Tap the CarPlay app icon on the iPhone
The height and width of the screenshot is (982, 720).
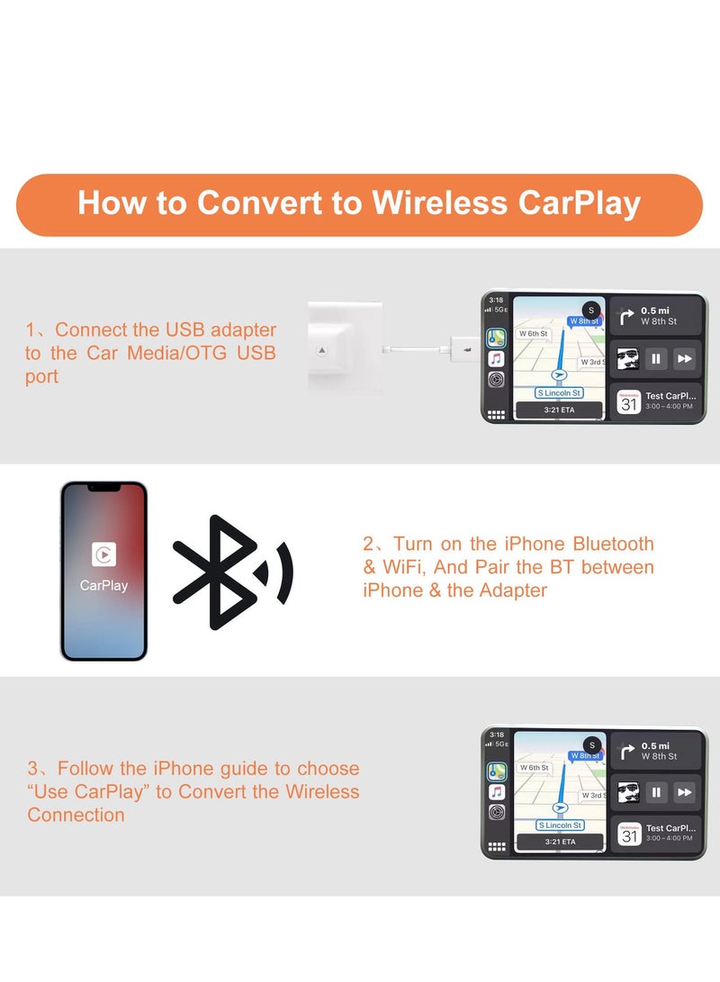103,554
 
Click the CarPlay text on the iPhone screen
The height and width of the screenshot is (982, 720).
103,585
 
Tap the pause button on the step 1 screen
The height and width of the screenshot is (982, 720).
657,358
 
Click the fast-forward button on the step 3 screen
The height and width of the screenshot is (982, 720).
685,792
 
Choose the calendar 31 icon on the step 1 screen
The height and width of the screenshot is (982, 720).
628,401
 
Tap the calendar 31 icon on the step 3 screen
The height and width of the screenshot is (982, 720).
628,835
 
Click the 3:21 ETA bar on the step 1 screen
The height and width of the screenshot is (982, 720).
559,410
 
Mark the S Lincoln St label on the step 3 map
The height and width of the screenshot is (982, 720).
559,825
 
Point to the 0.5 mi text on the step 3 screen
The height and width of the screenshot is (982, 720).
655,745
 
